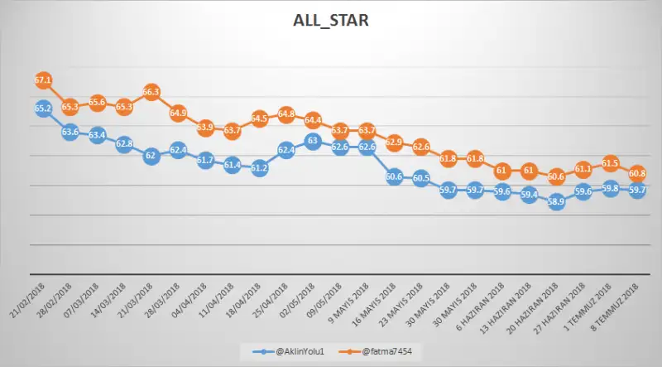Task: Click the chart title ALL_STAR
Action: tap(330, 20)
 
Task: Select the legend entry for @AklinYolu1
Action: tap(285, 351)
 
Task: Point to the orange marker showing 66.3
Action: tap(151, 93)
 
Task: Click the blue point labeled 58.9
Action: tap(556, 201)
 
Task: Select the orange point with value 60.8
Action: tap(637, 174)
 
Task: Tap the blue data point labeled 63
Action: tap(313, 141)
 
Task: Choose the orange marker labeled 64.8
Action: tap(286, 113)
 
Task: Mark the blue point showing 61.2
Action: tap(259, 168)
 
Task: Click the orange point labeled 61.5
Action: tap(610, 163)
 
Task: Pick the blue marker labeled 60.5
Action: tap(421, 178)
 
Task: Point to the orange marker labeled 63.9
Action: tap(205, 128)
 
